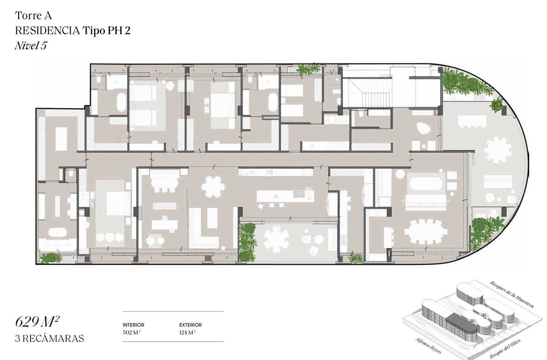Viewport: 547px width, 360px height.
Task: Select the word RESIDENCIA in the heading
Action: point(47,31)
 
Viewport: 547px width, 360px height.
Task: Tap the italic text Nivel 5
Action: point(31,46)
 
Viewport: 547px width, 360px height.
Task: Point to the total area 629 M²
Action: point(37,322)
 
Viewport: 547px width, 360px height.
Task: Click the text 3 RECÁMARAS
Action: point(50,339)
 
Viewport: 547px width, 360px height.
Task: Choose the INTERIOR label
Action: point(133,325)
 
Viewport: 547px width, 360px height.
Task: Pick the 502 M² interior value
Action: point(131,332)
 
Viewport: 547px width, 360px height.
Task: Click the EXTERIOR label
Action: point(191,325)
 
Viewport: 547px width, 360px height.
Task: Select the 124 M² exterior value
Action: point(187,332)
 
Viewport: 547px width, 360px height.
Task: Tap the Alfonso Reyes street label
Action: point(428,346)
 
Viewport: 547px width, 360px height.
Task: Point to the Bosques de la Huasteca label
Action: point(511,294)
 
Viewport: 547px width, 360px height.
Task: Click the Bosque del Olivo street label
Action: point(506,349)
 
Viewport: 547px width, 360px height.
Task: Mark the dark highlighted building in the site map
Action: point(461,325)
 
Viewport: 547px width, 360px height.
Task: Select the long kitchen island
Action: point(285,196)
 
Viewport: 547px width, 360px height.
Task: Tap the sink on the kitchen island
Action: point(299,194)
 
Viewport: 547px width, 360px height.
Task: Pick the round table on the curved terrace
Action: point(498,150)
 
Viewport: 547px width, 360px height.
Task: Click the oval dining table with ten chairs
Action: point(426,231)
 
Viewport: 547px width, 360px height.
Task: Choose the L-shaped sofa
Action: point(203,228)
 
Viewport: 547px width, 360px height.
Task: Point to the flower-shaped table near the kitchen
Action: point(213,187)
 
